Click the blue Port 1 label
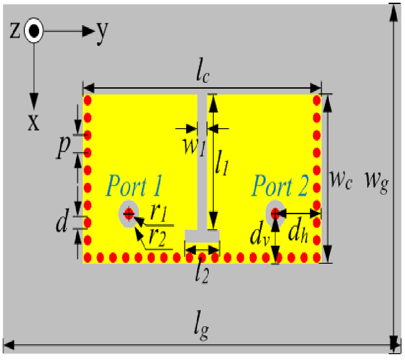(x=134, y=186)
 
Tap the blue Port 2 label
(x=280, y=186)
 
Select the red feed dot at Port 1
(x=129, y=214)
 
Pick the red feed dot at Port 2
(x=275, y=214)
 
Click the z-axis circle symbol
(x=34, y=31)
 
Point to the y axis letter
(x=102, y=32)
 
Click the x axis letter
(x=34, y=122)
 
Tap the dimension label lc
(x=203, y=75)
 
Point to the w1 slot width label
(x=195, y=147)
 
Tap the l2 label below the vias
(x=202, y=274)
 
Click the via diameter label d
(x=62, y=221)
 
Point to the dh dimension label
(x=298, y=233)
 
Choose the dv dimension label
(x=260, y=233)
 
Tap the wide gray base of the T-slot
(x=202, y=236)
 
